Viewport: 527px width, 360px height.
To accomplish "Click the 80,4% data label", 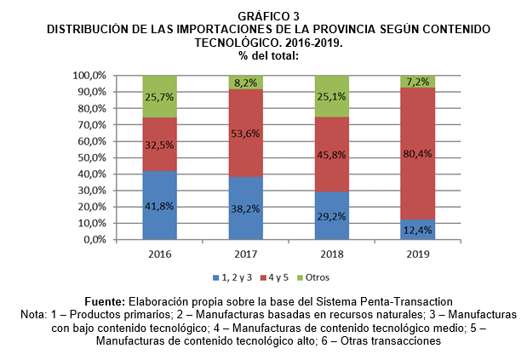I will (417, 155).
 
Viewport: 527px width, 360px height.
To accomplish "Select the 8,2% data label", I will (245, 83).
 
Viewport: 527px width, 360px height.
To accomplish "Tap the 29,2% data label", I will (331, 215).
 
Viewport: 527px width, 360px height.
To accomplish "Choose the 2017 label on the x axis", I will (245, 254).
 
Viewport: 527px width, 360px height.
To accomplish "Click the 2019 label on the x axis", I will (417, 254).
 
